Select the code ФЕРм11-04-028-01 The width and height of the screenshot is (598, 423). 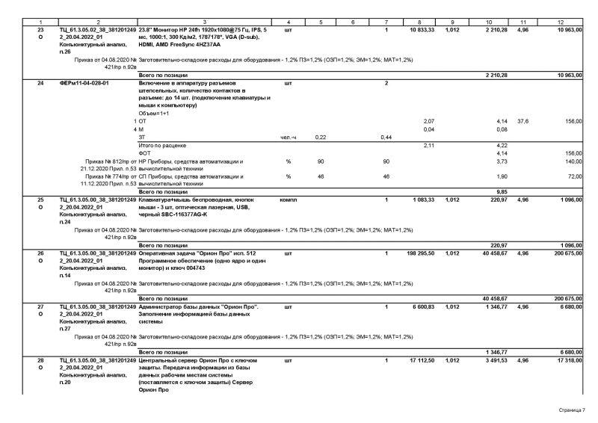(x=84, y=83)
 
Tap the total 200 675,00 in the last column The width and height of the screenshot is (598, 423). (x=566, y=253)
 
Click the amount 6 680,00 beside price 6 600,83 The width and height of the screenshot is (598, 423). (x=569, y=306)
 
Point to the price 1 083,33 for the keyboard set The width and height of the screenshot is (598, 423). (x=424, y=200)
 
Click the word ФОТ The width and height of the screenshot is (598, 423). (x=145, y=152)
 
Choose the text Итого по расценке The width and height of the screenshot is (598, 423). (x=162, y=145)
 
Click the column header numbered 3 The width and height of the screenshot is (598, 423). (x=203, y=22)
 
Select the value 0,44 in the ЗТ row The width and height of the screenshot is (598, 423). (x=386, y=137)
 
